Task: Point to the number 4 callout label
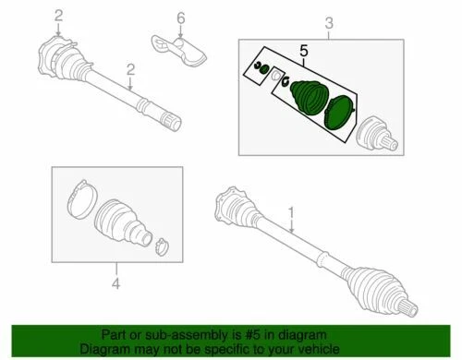(115, 284)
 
